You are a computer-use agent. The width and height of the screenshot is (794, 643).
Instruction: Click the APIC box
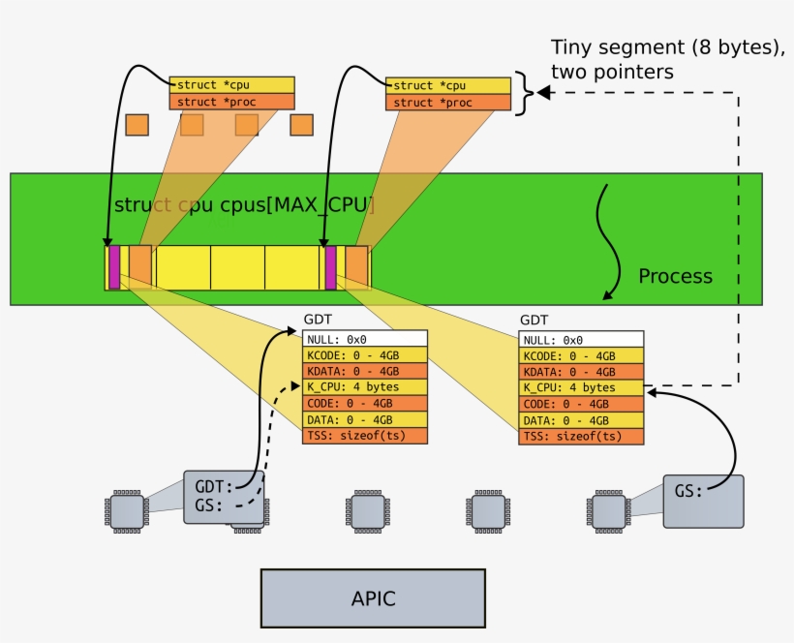tap(373, 598)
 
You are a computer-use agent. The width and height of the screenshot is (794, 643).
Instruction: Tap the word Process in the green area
tap(675, 276)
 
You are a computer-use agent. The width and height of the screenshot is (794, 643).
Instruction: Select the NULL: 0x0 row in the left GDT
tap(365, 340)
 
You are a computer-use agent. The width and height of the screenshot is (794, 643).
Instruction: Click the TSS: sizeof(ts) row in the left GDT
tap(365, 436)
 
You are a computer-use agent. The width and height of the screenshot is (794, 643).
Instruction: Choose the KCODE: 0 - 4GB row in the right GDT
tap(581, 355)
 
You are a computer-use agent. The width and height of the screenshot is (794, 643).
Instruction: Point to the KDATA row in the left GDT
tap(365, 372)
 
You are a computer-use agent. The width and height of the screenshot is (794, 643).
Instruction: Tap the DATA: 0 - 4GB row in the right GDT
tap(581, 420)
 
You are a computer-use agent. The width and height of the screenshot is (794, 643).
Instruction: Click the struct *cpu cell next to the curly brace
tap(446, 86)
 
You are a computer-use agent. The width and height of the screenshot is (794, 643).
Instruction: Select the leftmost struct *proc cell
tap(230, 102)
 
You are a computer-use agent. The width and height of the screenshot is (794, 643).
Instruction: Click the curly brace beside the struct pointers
tap(524, 94)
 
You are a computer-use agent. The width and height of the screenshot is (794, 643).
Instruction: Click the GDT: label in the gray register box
tap(214, 487)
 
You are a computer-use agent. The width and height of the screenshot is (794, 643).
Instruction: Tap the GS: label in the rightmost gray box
tap(689, 491)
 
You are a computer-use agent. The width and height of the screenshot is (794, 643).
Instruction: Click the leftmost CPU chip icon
tap(125, 510)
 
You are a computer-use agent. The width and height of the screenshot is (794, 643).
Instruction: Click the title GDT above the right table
tap(534, 320)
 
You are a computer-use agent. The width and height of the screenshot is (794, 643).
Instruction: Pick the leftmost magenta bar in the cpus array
tap(114, 267)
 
